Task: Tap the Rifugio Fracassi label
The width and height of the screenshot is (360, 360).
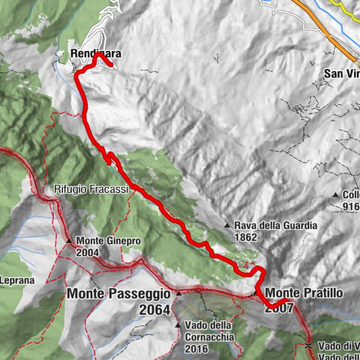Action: [91, 190]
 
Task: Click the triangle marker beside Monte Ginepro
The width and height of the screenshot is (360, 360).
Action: [68, 241]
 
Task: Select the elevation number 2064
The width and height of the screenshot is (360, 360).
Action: [154, 309]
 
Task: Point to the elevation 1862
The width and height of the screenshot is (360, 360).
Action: [245, 237]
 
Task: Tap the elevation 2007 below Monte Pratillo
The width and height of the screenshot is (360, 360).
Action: [279, 307]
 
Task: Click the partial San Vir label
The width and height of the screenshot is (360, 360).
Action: [341, 73]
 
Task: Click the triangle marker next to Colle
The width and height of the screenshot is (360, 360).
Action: [336, 194]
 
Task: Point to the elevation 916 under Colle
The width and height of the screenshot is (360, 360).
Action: [352, 206]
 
